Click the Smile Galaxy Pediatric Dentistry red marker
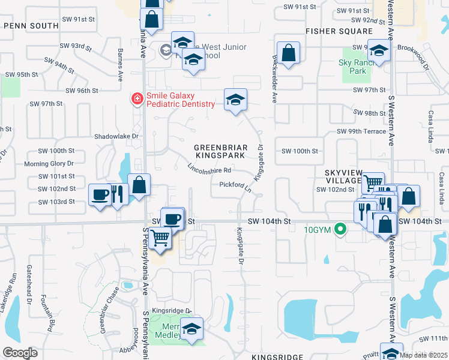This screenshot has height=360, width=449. click(137, 98)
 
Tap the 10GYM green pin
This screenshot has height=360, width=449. click(341, 229)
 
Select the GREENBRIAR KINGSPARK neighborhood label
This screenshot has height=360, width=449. click(220, 151)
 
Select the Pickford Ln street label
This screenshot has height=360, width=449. click(235, 186)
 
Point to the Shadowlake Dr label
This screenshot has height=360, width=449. click(116, 136)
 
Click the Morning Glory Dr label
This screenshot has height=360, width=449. click(49, 163)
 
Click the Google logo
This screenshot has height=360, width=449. click(20, 353)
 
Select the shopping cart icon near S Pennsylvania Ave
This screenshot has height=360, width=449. click(160, 238)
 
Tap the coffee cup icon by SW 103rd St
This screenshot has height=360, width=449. click(100, 194)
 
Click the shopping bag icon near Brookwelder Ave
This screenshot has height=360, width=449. click(289, 52)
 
